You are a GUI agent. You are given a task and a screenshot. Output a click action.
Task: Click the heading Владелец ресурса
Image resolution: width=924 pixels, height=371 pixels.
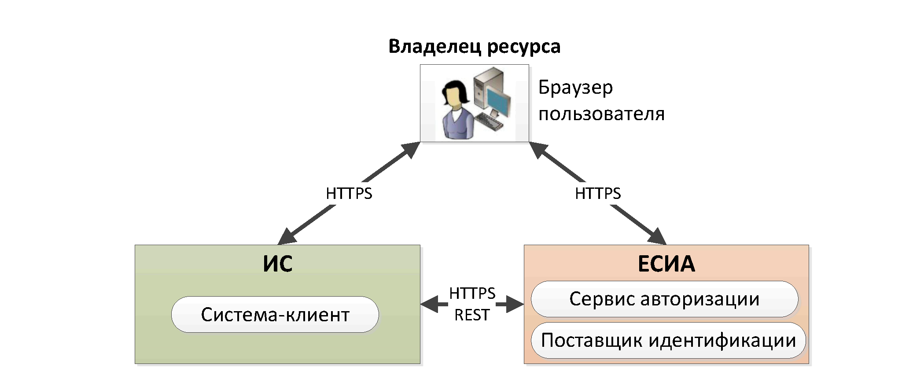coord(474,46)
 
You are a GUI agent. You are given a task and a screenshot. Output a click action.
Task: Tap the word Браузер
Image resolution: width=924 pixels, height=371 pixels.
coord(575,88)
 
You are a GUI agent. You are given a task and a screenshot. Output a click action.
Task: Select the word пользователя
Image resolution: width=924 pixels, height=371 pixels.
coord(601,114)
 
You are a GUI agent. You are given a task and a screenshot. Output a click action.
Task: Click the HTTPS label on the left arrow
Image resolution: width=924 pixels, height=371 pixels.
coord(349,194)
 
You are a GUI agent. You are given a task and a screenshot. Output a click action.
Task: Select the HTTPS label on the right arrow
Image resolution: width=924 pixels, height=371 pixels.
coord(598,194)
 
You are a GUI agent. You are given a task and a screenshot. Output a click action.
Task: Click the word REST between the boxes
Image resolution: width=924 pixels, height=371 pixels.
coord(472,315)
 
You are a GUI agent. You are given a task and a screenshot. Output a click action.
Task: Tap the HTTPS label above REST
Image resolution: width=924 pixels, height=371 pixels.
coord(472,294)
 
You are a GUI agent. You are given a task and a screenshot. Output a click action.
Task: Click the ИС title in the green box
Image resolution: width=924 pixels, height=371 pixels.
coord(277,264)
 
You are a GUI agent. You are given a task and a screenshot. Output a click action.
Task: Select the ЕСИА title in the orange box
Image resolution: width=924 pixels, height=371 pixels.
coord(666,264)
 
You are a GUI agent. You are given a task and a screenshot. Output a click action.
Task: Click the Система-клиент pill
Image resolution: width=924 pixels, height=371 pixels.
coord(275,315)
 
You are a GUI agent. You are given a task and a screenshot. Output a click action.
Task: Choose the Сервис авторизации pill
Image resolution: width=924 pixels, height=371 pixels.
coord(664,299)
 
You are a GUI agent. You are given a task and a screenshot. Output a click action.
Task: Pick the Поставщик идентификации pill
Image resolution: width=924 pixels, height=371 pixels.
coord(668,341)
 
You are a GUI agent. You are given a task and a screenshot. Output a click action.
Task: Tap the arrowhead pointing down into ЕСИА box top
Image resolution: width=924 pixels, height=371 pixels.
coord(657,236)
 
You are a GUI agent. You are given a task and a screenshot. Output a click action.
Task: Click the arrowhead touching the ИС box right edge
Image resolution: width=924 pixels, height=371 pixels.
coord(429,304)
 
